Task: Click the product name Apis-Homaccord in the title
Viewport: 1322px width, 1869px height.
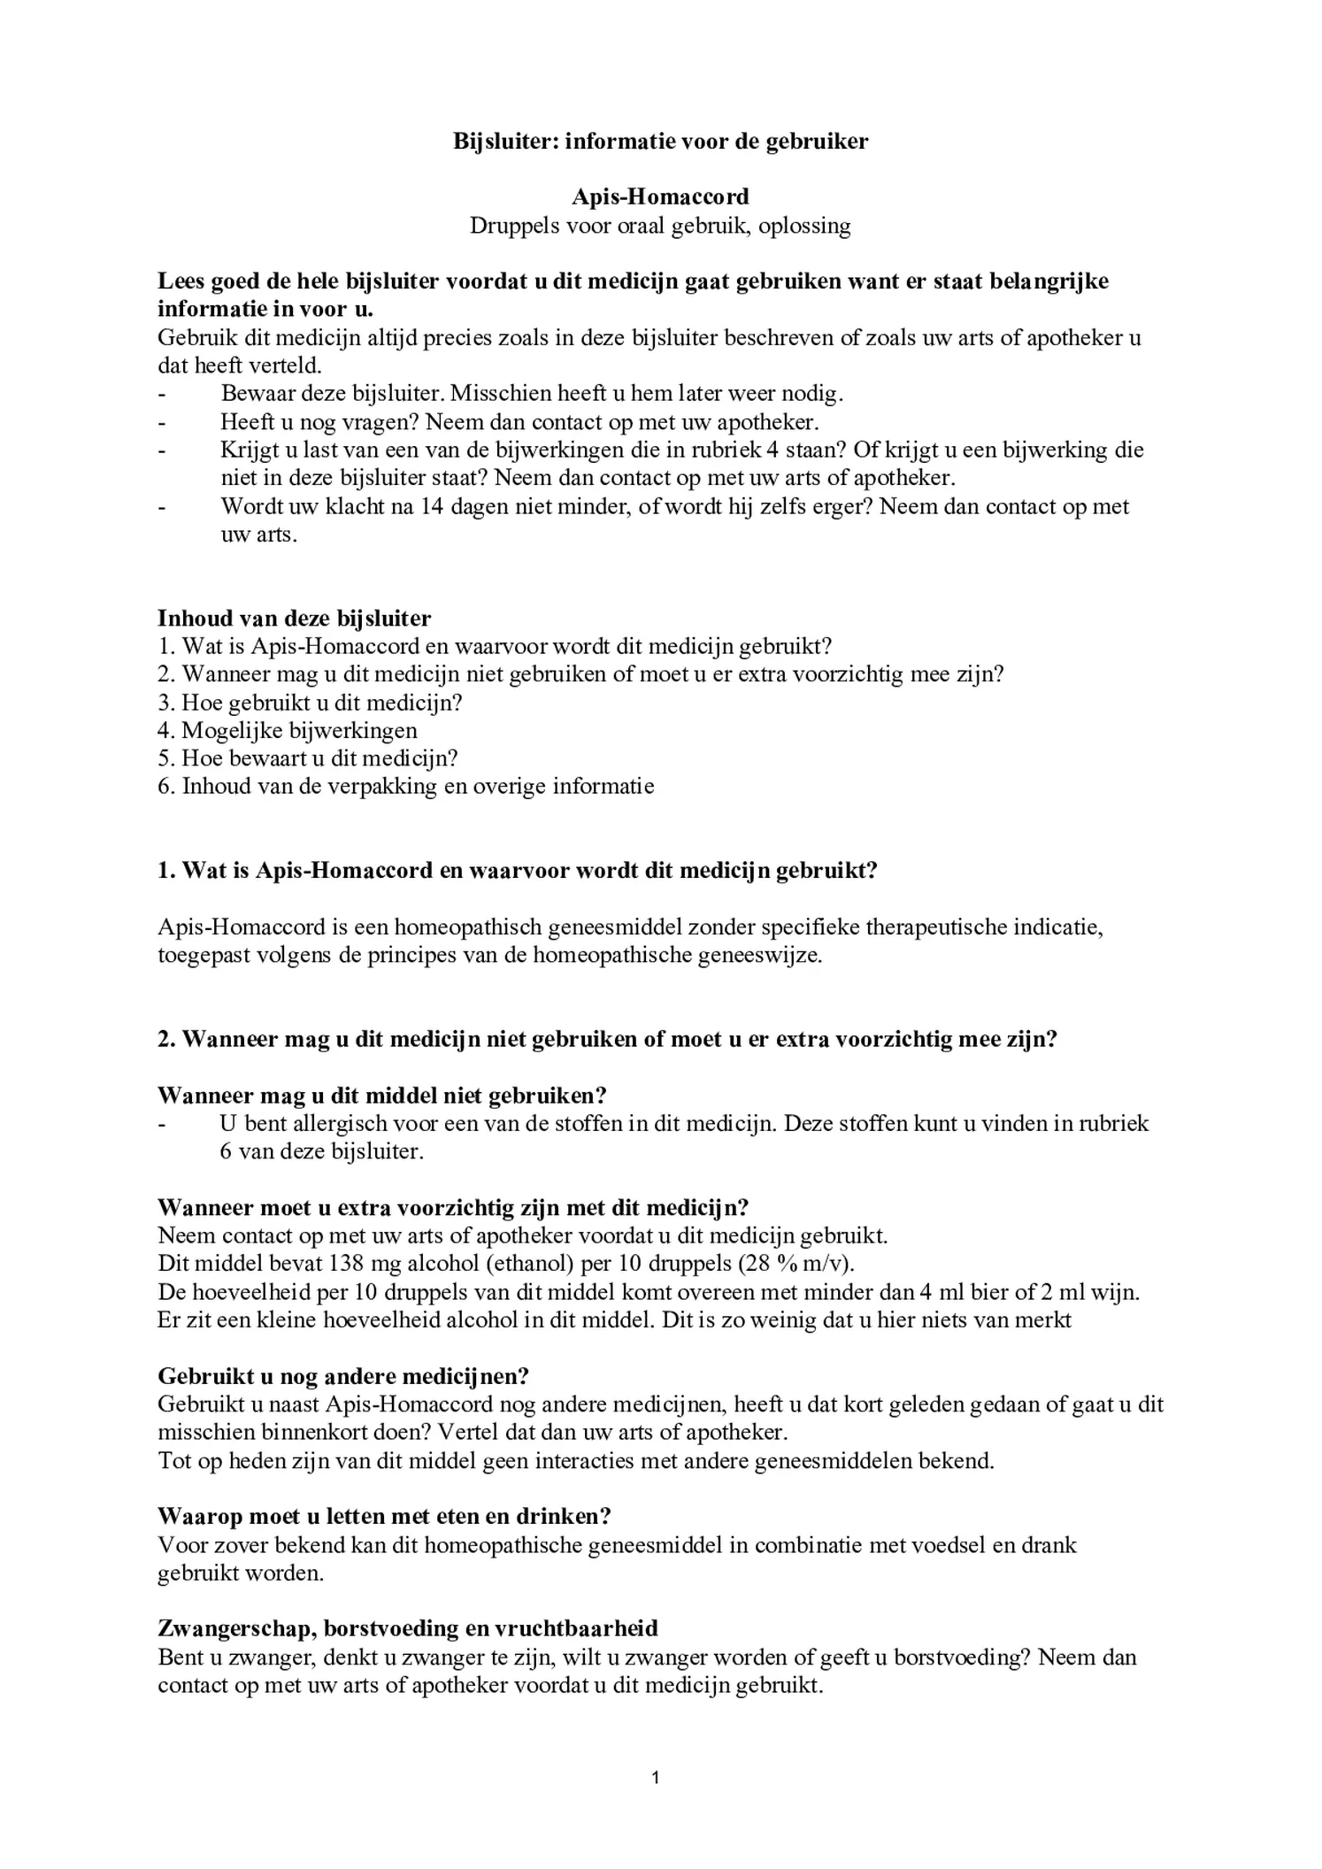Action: click(660, 196)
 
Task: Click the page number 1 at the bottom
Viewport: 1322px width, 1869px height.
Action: click(656, 1777)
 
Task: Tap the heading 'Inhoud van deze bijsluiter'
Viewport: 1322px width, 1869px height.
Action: click(294, 618)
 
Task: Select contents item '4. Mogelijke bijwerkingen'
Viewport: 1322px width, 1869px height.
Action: click(288, 730)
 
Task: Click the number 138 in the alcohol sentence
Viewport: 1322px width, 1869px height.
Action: click(346, 1263)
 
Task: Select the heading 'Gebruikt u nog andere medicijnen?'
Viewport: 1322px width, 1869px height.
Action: click(343, 1375)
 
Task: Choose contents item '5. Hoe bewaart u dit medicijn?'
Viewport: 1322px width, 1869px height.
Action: click(307, 758)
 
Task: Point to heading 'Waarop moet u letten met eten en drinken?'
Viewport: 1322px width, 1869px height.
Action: click(384, 1516)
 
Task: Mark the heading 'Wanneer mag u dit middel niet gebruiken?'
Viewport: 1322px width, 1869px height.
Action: click(382, 1095)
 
